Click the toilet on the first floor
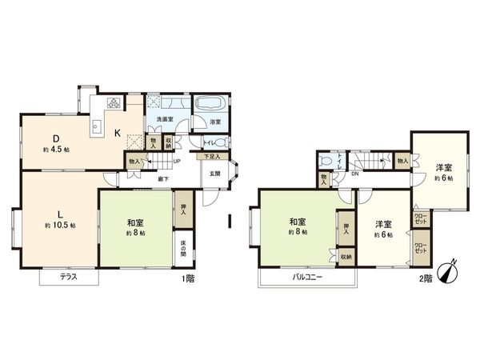point(220,142)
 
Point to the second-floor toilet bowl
point(323,160)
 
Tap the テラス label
point(69,277)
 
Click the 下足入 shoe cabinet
point(210,158)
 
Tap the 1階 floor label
point(188,278)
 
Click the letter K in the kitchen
point(117,133)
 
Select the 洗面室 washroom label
point(165,120)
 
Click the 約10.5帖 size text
point(60,226)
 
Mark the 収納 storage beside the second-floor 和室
point(345,257)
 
